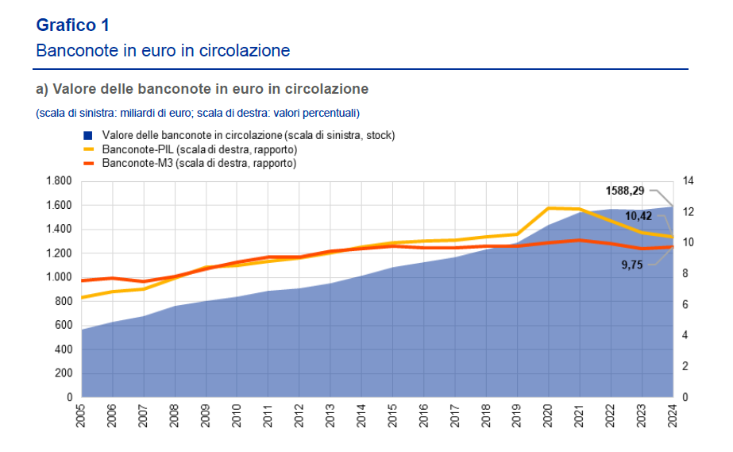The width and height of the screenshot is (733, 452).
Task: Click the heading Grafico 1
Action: (x=73, y=25)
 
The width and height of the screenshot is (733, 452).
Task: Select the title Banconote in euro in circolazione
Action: (x=163, y=51)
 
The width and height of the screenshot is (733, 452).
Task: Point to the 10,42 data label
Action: (x=638, y=215)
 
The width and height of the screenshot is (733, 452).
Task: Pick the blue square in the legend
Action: (x=88, y=135)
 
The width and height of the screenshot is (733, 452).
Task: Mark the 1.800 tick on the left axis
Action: (x=60, y=181)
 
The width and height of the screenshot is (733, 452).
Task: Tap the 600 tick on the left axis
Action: (x=64, y=325)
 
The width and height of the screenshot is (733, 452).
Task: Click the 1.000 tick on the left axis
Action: (x=60, y=277)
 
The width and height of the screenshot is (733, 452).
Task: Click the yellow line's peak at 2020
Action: (x=549, y=208)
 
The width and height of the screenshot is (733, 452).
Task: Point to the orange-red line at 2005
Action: (x=82, y=280)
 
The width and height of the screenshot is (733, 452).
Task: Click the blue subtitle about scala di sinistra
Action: (x=198, y=112)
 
